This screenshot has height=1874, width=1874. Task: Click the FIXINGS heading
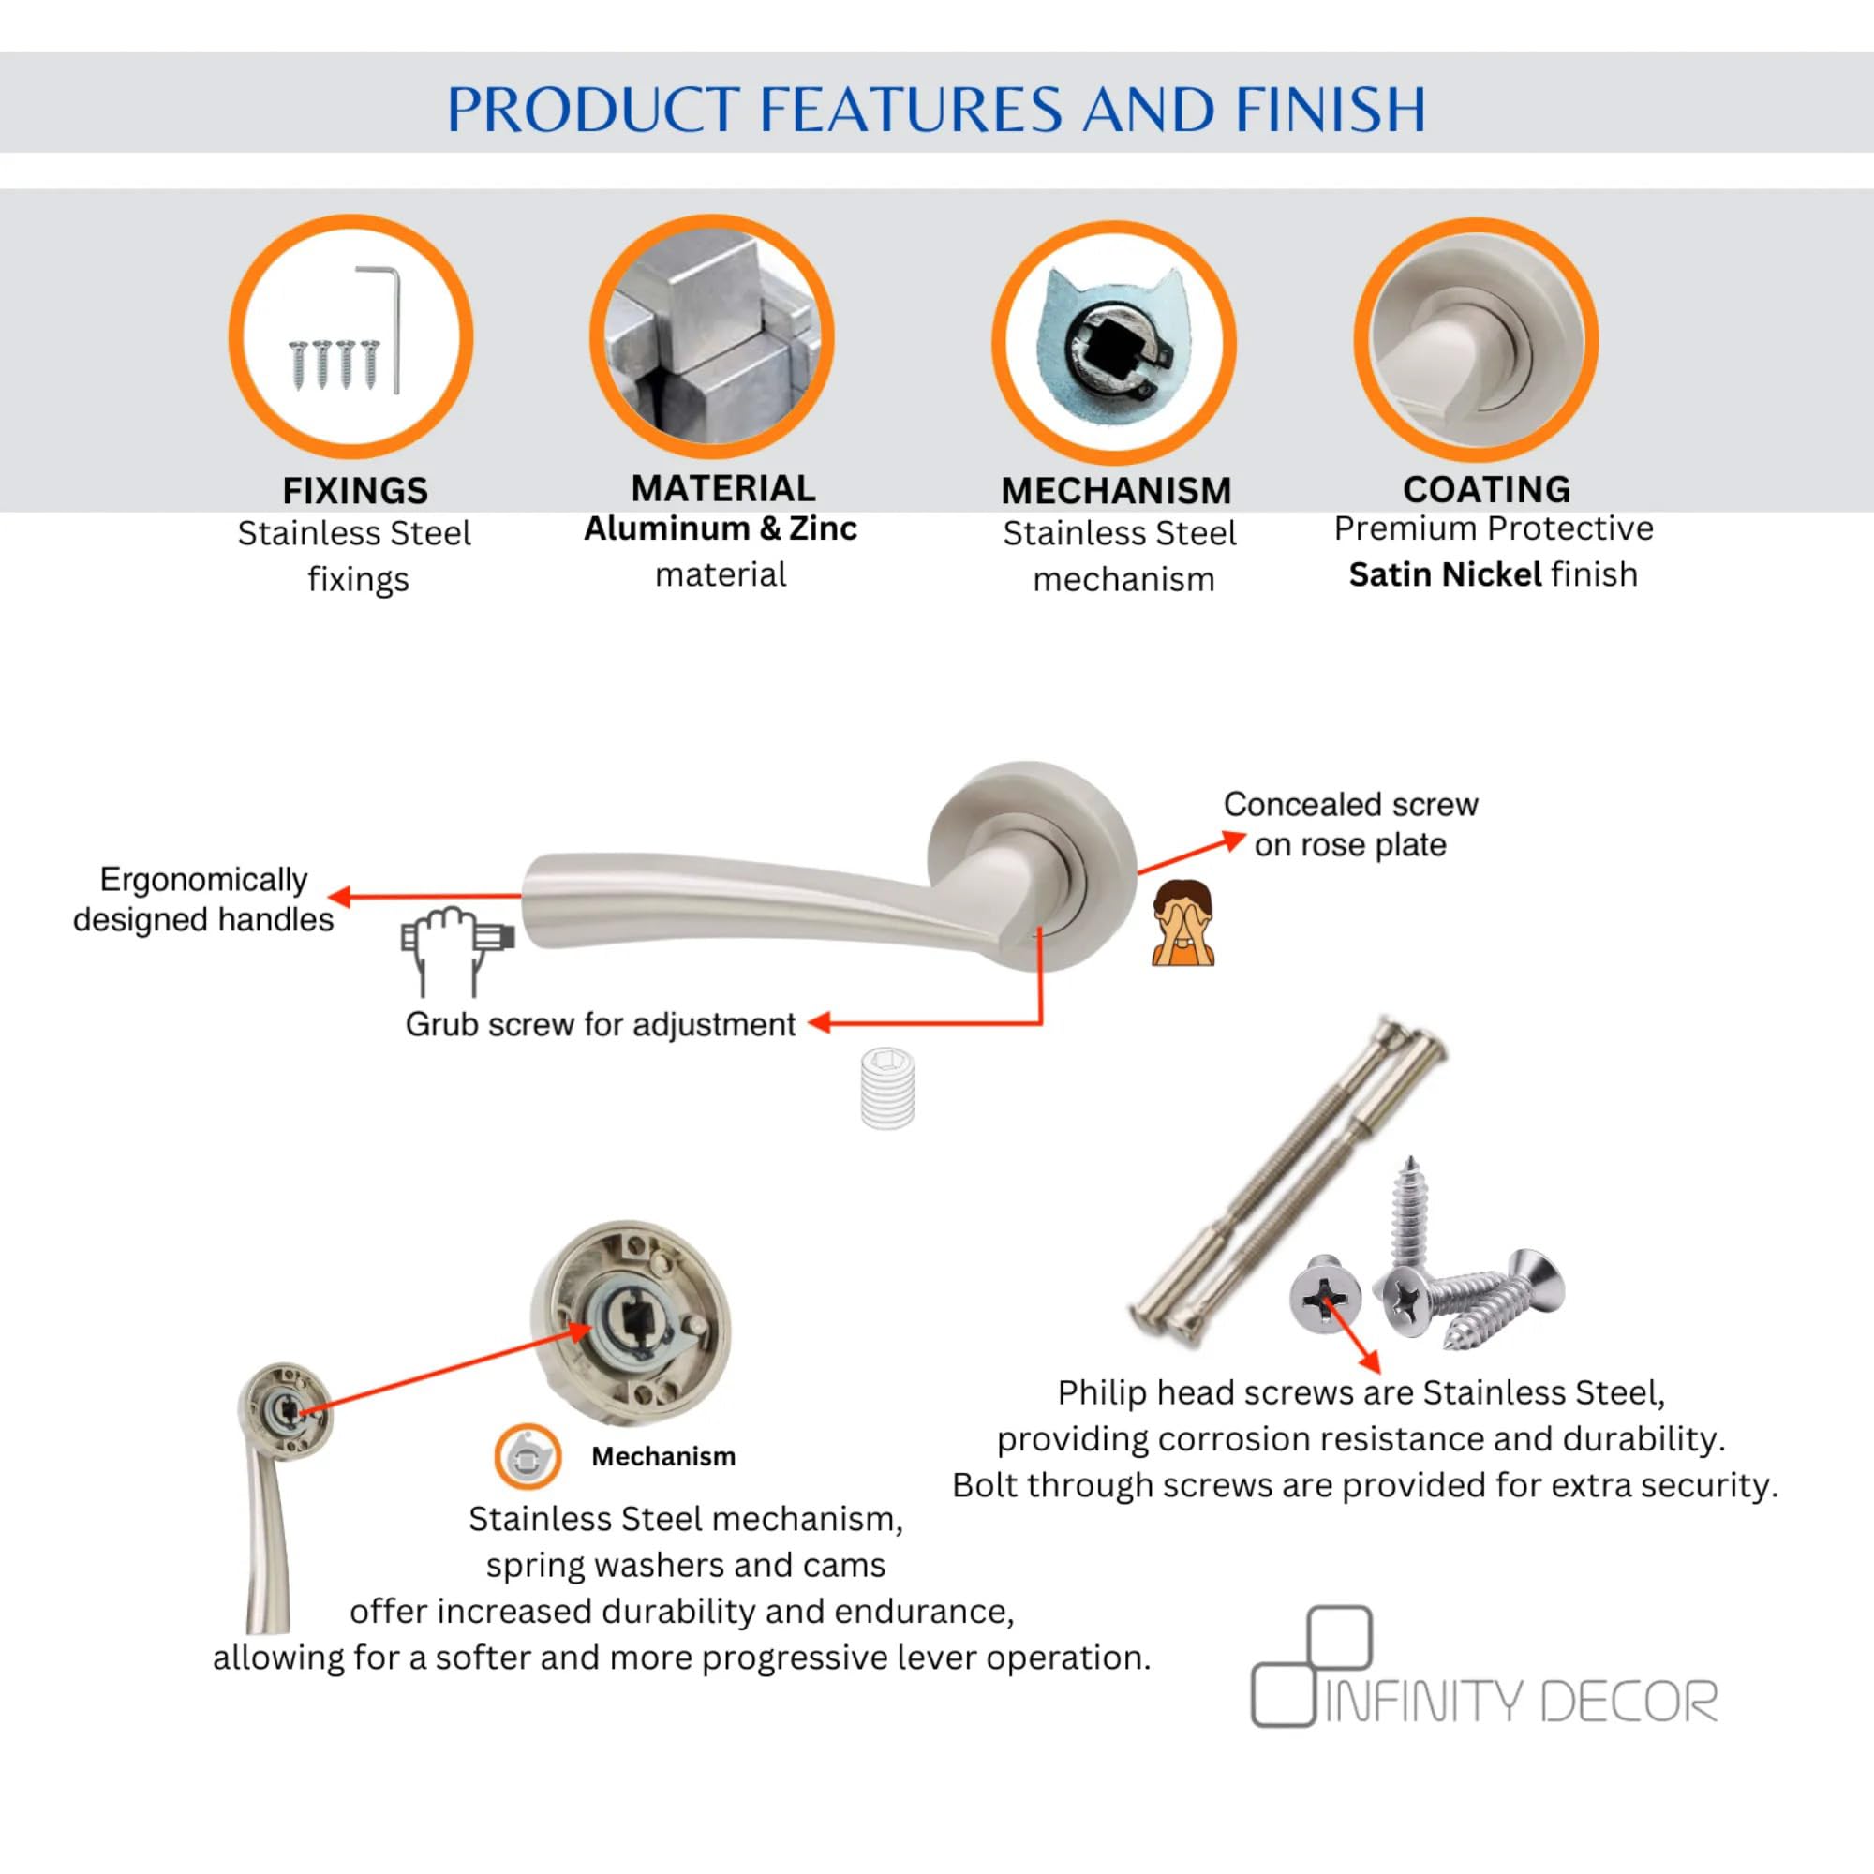355,491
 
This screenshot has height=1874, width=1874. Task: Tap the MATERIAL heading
722,488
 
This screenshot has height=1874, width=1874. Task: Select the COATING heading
1486,489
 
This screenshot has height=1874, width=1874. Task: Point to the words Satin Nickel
1445,574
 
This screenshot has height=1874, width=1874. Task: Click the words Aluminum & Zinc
721,528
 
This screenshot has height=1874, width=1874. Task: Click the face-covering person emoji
1182,922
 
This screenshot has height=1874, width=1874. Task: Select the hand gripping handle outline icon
456,950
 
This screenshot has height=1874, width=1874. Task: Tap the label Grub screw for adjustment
601,1024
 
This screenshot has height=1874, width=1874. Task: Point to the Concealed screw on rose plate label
1350,825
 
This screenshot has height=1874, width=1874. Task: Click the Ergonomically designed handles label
203,900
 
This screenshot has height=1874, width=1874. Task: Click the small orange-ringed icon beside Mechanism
528,1456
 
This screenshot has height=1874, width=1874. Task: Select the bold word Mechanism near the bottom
663,1456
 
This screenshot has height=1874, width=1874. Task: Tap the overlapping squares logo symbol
1312,1666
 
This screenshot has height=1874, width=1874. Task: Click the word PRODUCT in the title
594,109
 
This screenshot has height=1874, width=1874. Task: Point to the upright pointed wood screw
1409,1214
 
